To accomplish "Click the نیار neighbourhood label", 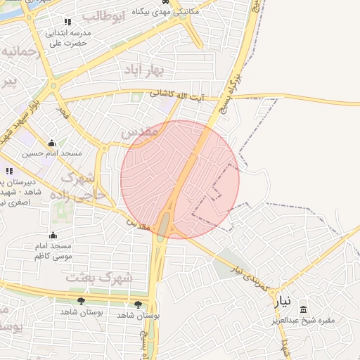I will click(281, 302).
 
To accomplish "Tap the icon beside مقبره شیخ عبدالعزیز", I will click(303, 309).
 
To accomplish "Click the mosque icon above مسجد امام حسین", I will click(51, 143).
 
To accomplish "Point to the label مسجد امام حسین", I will click(52, 153).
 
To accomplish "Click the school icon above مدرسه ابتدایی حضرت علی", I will click(67, 22).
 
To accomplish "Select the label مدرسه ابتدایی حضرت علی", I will click(66, 38).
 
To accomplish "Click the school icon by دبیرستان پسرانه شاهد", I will click(9, 171).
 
